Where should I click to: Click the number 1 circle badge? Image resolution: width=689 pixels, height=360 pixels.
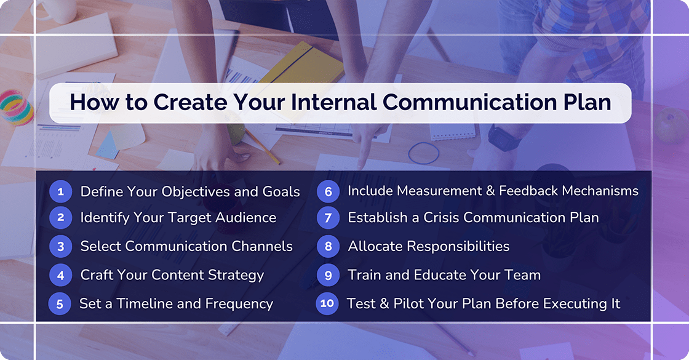coord(60,191)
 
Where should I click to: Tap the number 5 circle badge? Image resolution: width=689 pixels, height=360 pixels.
coord(60,303)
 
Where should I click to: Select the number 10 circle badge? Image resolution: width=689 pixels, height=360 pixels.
coord(327,303)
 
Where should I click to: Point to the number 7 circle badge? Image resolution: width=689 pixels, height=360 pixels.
coord(328,217)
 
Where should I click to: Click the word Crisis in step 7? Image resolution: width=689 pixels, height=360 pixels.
coord(439,217)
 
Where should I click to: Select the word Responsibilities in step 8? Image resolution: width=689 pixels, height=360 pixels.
coord(456,246)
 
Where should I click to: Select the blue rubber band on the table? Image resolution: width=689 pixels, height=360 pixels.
coord(424,152)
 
